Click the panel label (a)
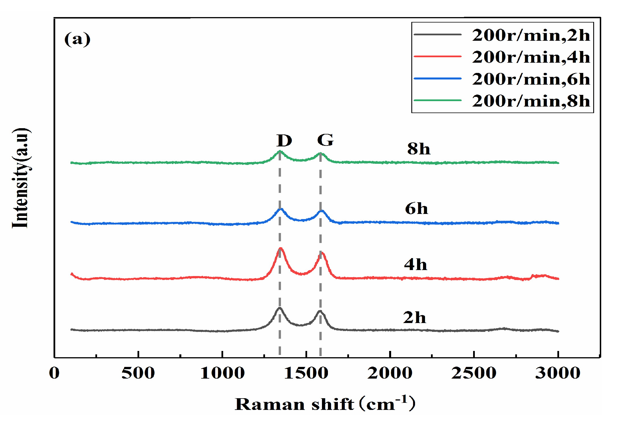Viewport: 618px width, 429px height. click(x=77, y=39)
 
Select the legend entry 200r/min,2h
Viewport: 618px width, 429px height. click(x=531, y=35)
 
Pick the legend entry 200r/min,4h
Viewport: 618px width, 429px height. click(x=531, y=57)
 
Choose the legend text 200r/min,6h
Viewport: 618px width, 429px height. click(x=531, y=79)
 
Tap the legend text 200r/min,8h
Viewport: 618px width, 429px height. click(x=531, y=101)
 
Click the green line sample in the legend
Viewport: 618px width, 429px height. click(x=437, y=100)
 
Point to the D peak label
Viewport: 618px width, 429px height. click(x=284, y=140)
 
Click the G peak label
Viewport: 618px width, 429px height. click(x=325, y=140)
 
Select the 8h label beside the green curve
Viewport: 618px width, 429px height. click(x=418, y=149)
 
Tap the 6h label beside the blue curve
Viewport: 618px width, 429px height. click(x=416, y=209)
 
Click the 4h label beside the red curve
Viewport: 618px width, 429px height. click(x=415, y=264)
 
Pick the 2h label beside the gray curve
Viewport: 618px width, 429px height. click(x=414, y=317)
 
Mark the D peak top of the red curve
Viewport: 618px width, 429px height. click(x=281, y=248)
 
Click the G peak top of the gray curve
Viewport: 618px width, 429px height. click(x=320, y=311)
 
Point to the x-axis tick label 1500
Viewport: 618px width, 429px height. click(x=306, y=373)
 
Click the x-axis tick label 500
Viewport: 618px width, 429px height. click(x=138, y=373)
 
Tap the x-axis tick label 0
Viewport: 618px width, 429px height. click(x=54, y=373)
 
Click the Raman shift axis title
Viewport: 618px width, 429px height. click(x=325, y=404)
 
